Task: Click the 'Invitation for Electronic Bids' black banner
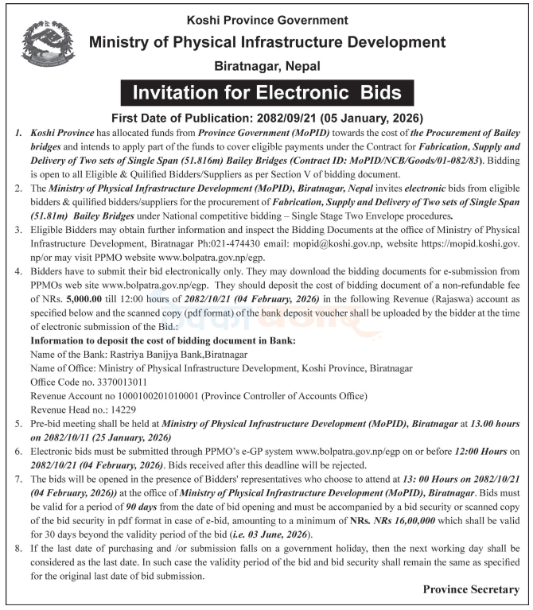pyautogui.click(x=266, y=92)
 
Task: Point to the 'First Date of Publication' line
pyautogui.click(x=266, y=117)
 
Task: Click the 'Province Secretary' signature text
pyautogui.click(x=471, y=590)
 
